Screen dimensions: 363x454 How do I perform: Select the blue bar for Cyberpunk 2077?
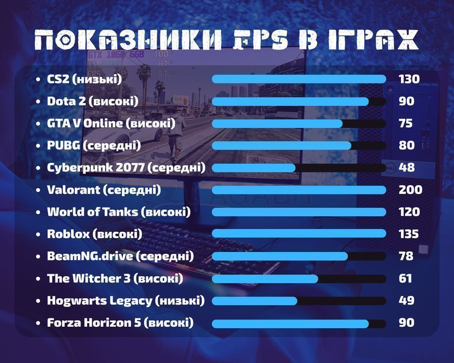coord(254,168)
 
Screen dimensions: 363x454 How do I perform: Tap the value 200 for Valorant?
coord(410,190)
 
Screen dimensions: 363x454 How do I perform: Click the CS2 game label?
coord(84,79)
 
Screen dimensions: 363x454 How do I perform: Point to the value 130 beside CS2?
coord(409,79)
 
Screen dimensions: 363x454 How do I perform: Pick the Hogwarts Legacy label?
coord(126,300)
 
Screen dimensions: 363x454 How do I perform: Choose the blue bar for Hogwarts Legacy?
coord(255,301)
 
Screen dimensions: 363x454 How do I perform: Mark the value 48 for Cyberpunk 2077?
coord(406,167)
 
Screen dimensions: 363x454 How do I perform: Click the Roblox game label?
coord(94,234)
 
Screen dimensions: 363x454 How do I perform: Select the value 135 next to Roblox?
coord(408,234)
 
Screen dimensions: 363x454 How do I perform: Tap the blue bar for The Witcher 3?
coord(265,278)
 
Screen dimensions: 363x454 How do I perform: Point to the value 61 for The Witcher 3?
coord(405,278)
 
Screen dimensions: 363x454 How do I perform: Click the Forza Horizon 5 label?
coord(120,323)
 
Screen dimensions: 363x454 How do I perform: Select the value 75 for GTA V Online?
coord(406,123)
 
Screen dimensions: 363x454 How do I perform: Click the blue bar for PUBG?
coord(282,146)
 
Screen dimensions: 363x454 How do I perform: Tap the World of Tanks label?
coord(119,212)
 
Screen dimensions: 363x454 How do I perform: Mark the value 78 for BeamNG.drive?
coord(406,256)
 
